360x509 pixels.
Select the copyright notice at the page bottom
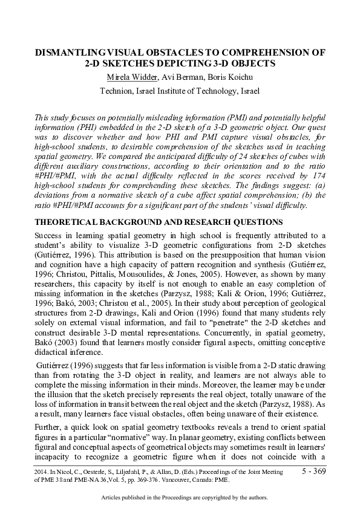180,498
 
